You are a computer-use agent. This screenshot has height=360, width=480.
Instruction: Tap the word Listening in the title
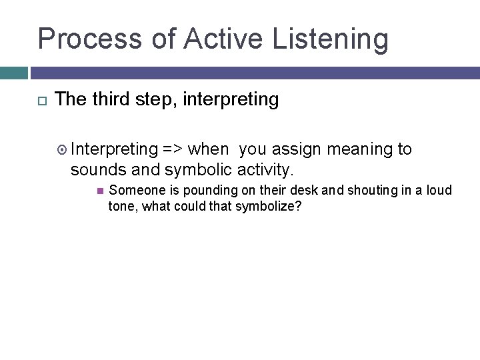[330, 39]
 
